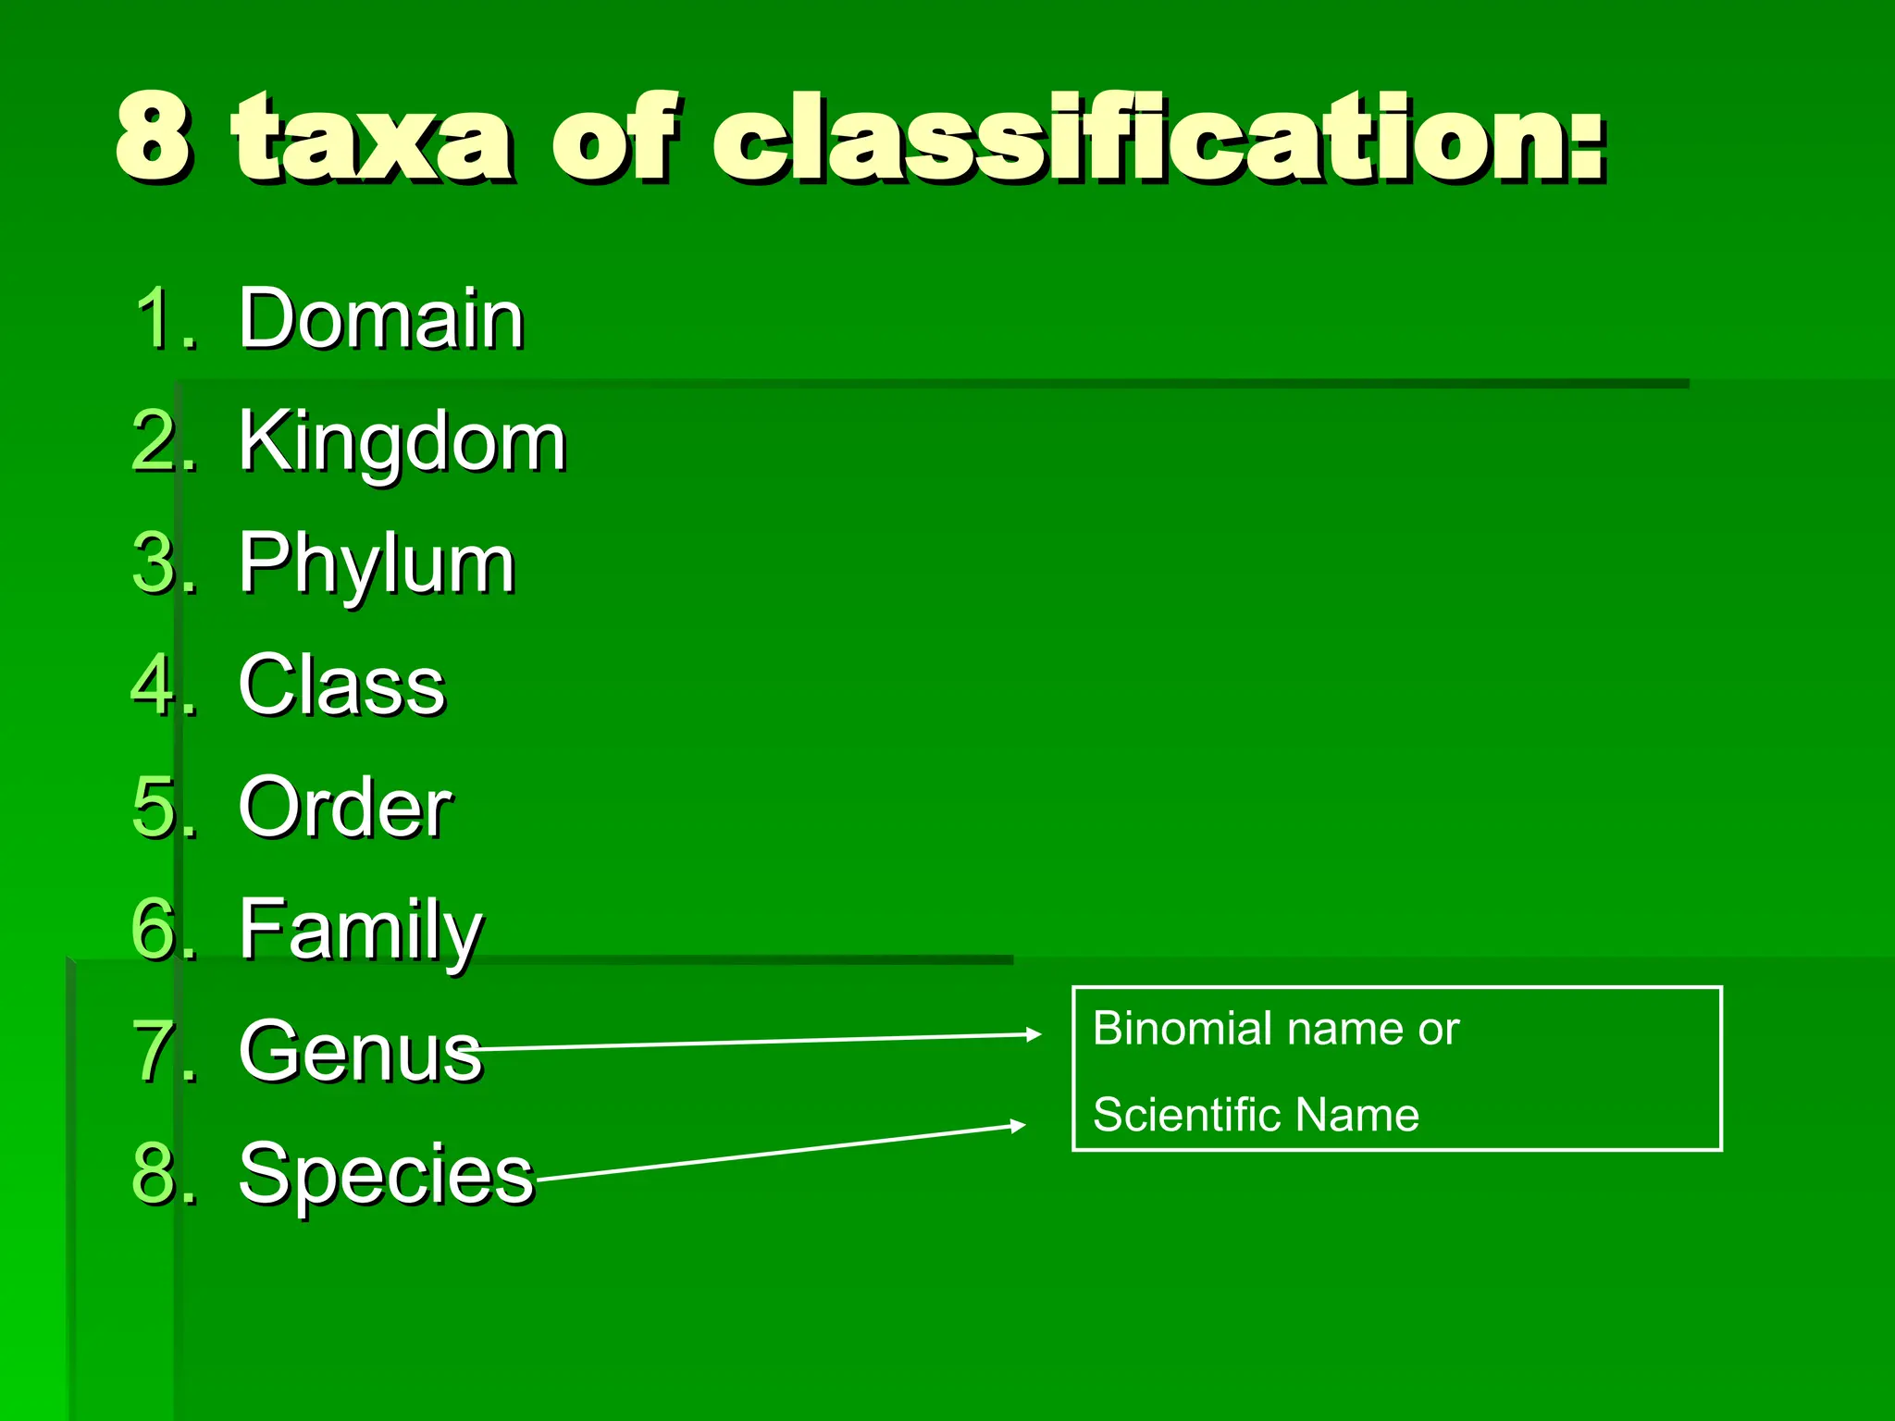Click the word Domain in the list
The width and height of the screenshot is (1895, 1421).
tap(380, 319)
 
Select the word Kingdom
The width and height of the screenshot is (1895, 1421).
tap(402, 442)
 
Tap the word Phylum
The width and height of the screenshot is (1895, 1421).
tap(376, 564)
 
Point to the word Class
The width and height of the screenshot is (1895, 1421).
tap(341, 686)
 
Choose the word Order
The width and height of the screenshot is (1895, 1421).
tap(344, 808)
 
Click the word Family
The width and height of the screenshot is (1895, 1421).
tap(360, 930)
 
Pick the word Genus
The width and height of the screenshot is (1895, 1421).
tap(360, 1052)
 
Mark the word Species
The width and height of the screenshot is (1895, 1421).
tap(386, 1174)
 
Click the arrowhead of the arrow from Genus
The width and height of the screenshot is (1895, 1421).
tap(1034, 1034)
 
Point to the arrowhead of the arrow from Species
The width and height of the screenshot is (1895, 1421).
tap(1018, 1125)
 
